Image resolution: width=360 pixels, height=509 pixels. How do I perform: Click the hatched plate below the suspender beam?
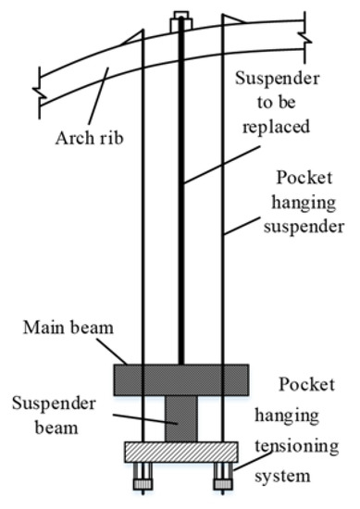tap(180, 452)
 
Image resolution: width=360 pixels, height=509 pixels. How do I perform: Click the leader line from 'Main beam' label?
tap(116, 351)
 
